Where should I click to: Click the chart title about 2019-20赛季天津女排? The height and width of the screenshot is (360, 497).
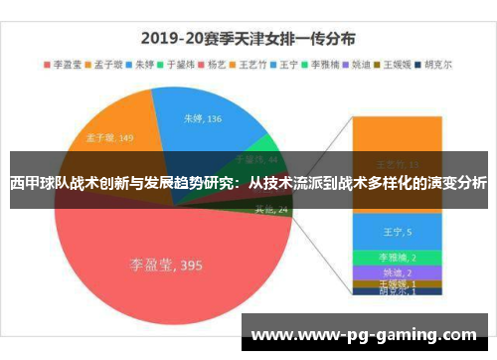pyautogui.click(x=248, y=40)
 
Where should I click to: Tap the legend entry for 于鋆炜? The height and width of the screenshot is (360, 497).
pyautogui.click(x=180, y=64)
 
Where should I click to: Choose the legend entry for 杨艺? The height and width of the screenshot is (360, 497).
pyautogui.click(x=217, y=64)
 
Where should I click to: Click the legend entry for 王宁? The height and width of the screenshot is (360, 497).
pyautogui.click(x=288, y=64)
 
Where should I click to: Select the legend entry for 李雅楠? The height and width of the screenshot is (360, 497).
pyautogui.click(x=324, y=64)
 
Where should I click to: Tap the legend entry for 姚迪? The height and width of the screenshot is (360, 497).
pyautogui.click(x=361, y=64)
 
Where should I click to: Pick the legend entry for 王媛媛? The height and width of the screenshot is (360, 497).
pyautogui.click(x=397, y=64)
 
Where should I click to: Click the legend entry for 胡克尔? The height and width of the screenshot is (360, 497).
pyautogui.click(x=436, y=64)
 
